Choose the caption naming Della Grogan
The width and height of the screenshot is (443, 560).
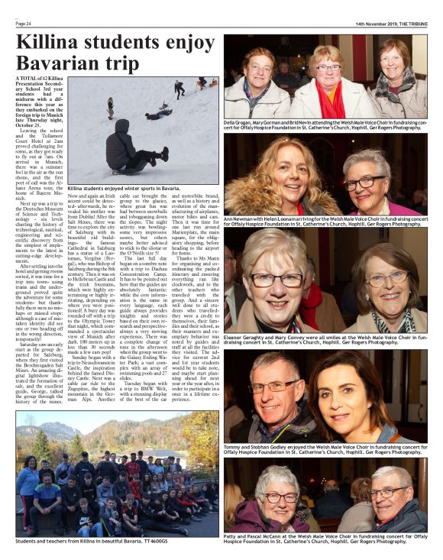click(325, 125)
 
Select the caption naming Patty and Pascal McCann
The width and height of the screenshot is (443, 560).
click(325, 539)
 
